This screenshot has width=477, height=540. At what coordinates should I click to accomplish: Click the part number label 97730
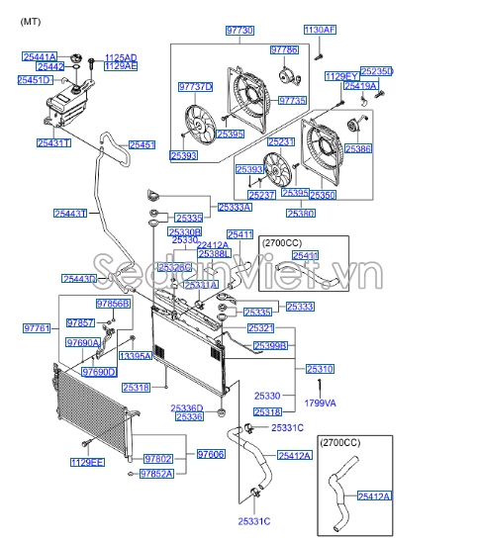click(239, 32)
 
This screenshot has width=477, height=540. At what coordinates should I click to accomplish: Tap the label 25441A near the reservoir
click(39, 57)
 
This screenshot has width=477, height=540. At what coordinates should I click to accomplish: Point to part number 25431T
click(53, 143)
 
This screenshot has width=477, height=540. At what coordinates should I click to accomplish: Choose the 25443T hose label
click(70, 213)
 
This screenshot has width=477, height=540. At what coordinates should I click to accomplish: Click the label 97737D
click(196, 86)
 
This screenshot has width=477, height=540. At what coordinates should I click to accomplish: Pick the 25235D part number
click(377, 71)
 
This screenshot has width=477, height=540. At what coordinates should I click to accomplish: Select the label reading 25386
click(358, 148)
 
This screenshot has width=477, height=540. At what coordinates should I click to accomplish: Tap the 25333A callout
click(235, 208)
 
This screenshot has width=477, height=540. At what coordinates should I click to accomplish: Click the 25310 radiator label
click(320, 369)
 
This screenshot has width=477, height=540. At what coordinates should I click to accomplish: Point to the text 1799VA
click(320, 403)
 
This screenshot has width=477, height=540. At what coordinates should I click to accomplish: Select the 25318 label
click(135, 387)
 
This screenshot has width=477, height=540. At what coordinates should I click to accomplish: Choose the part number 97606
click(211, 454)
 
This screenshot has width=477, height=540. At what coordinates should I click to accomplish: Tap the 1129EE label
click(87, 462)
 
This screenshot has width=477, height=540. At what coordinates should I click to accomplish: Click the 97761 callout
click(37, 327)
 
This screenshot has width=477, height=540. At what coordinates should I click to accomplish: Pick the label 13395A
click(135, 355)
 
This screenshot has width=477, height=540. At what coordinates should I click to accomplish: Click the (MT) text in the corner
click(30, 20)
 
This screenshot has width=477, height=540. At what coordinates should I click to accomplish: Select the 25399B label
click(270, 345)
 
